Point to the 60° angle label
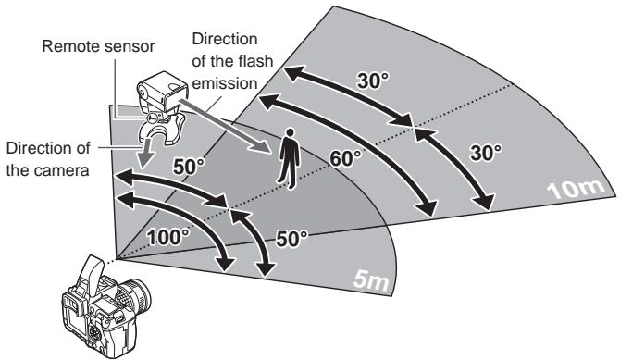(347, 157)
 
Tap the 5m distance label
(372, 275)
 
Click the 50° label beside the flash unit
(190, 167)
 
